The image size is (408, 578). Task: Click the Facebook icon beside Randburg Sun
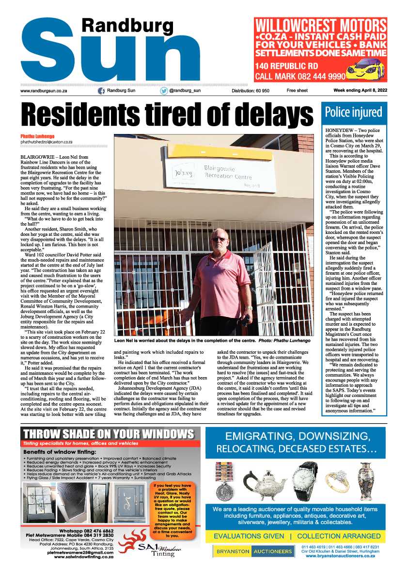(102, 91)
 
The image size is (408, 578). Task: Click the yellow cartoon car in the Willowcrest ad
(367, 70)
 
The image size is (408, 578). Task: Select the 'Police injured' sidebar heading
(354, 113)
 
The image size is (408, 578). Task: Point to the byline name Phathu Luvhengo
(37, 135)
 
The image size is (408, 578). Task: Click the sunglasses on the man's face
(219, 239)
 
